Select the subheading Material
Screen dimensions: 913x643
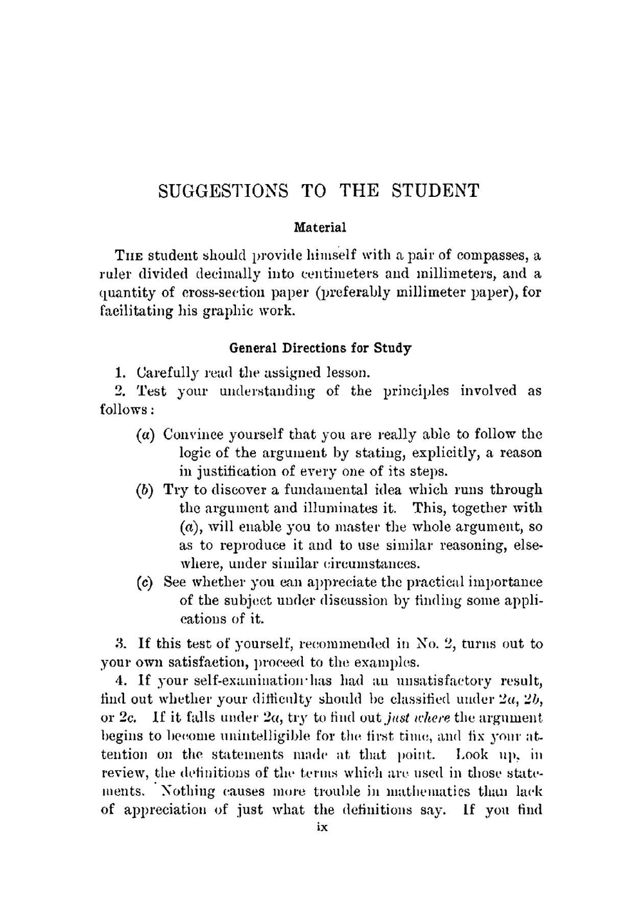tap(320, 227)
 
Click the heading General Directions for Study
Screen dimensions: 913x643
tap(320, 348)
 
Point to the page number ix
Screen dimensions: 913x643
tap(322, 827)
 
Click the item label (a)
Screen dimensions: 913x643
tap(147, 435)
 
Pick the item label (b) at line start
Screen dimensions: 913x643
tap(147, 490)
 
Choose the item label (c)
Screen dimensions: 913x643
tap(147, 582)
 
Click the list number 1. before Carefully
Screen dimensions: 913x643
tap(119, 373)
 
